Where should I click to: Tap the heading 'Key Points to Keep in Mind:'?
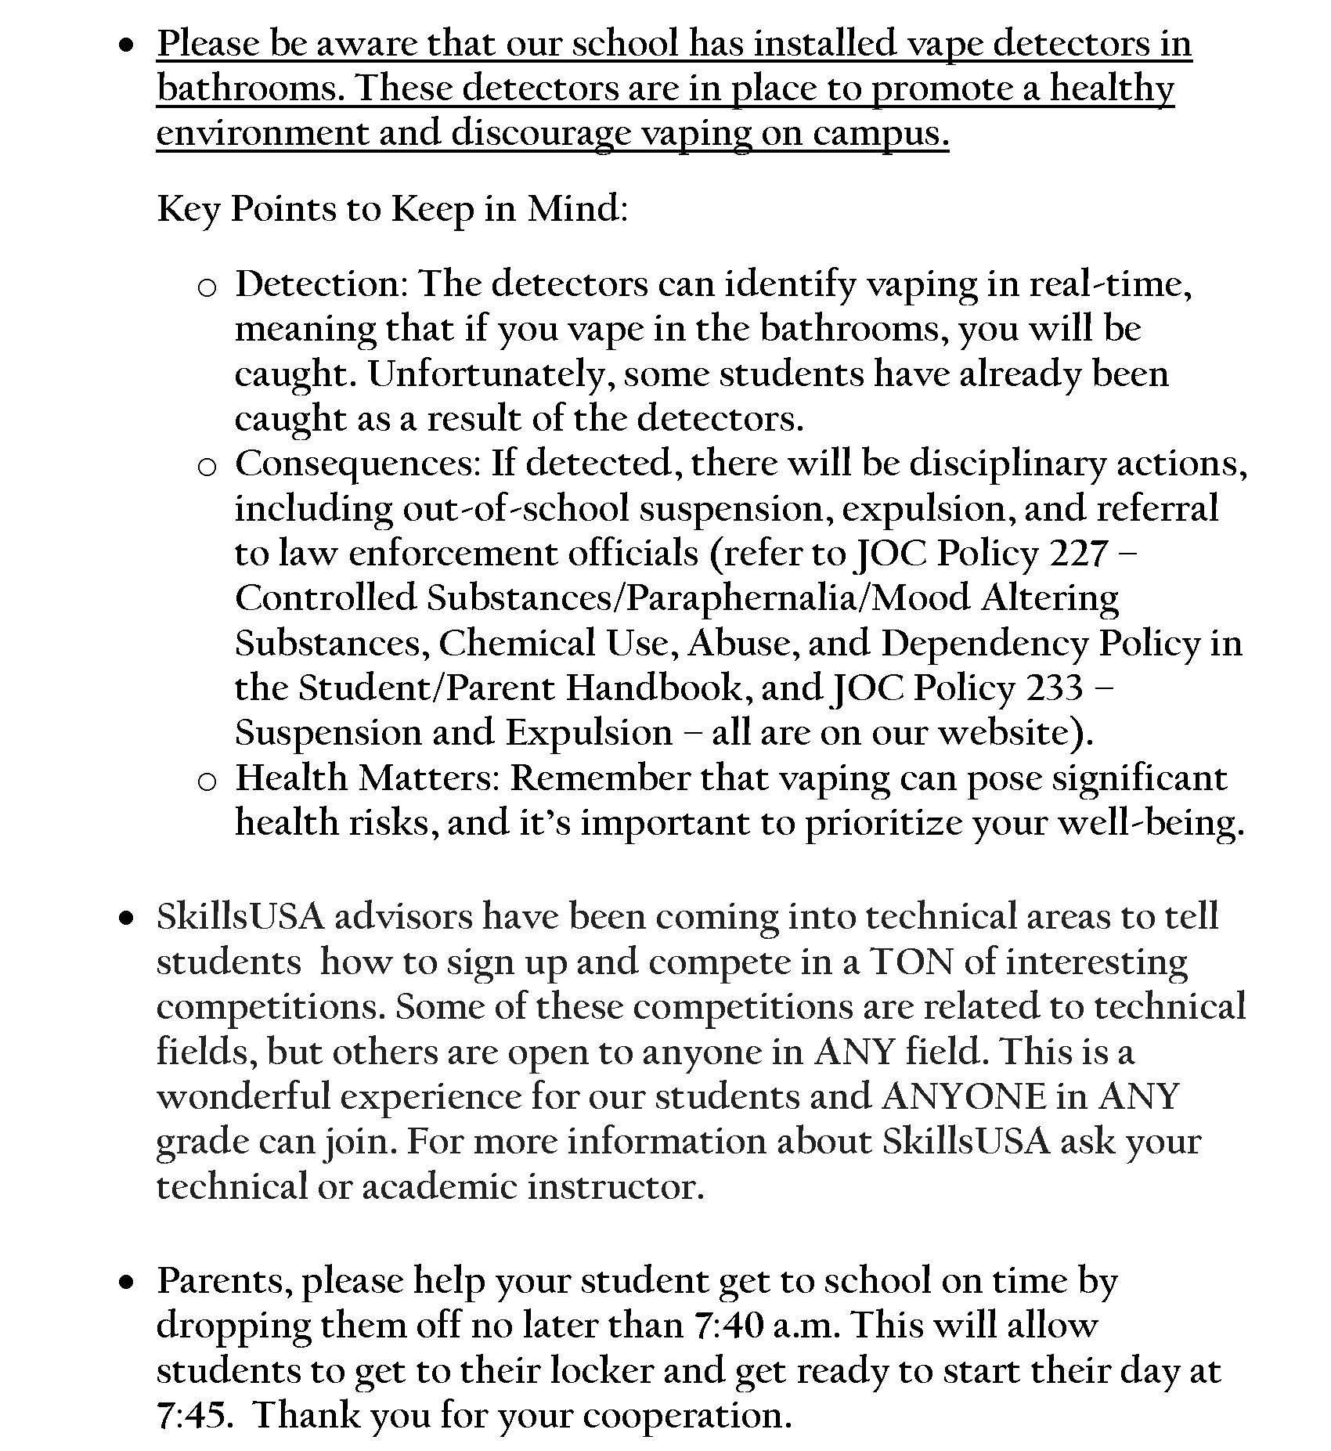click(392, 209)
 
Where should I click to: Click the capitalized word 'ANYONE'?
click(964, 1096)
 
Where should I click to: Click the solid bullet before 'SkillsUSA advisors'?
click(125, 919)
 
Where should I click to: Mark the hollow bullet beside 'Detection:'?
click(207, 287)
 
